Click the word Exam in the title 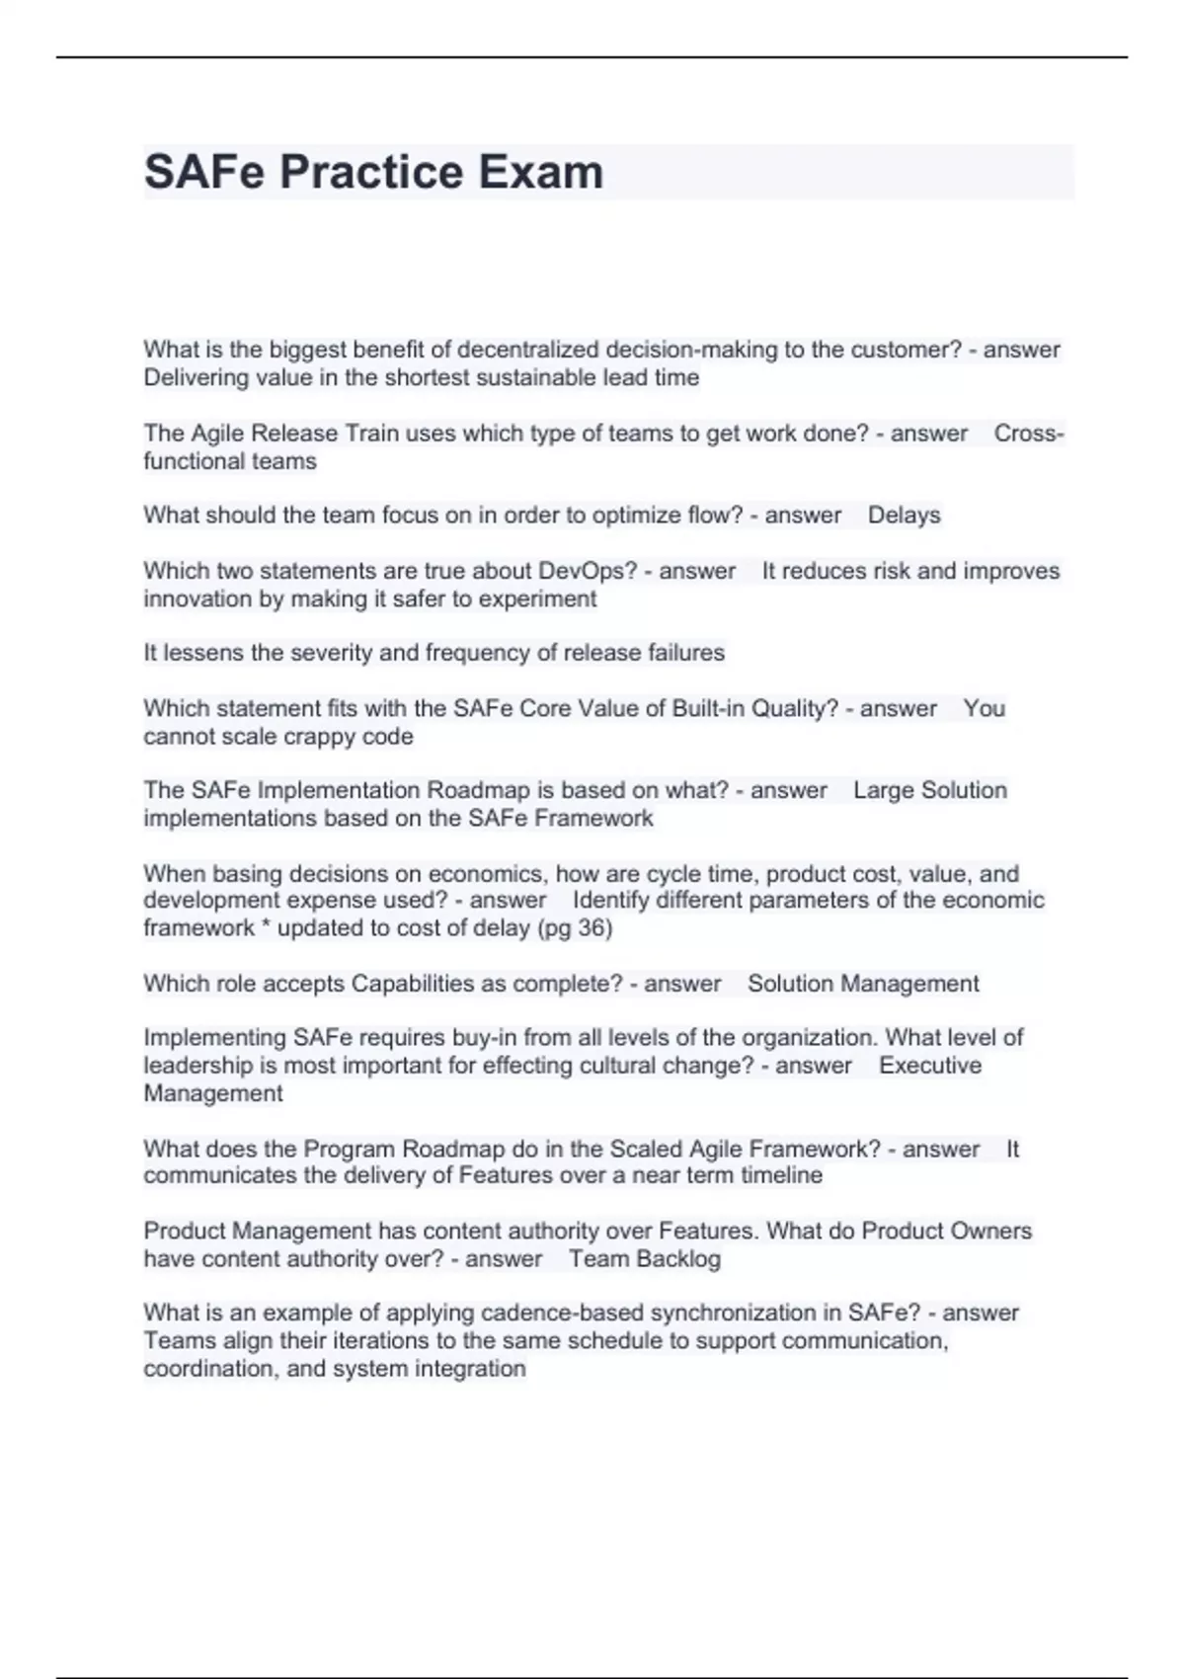pyautogui.click(x=541, y=172)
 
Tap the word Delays pyautogui.click(x=904, y=516)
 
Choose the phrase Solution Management pyautogui.click(x=863, y=984)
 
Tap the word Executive pyautogui.click(x=930, y=1066)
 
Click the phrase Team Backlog pyautogui.click(x=644, y=1259)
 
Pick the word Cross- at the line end pyautogui.click(x=1029, y=434)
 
